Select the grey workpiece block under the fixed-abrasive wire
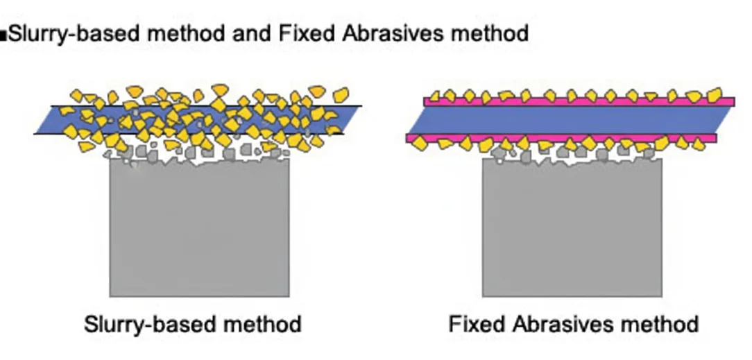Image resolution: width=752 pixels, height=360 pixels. tap(572, 229)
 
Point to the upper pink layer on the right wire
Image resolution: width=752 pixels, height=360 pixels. tap(721, 101)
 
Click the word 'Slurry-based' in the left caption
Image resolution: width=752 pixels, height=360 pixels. tap(145, 324)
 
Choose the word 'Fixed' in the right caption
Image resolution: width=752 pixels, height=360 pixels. tap(475, 324)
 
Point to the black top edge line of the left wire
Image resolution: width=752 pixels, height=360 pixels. tap(350, 106)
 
